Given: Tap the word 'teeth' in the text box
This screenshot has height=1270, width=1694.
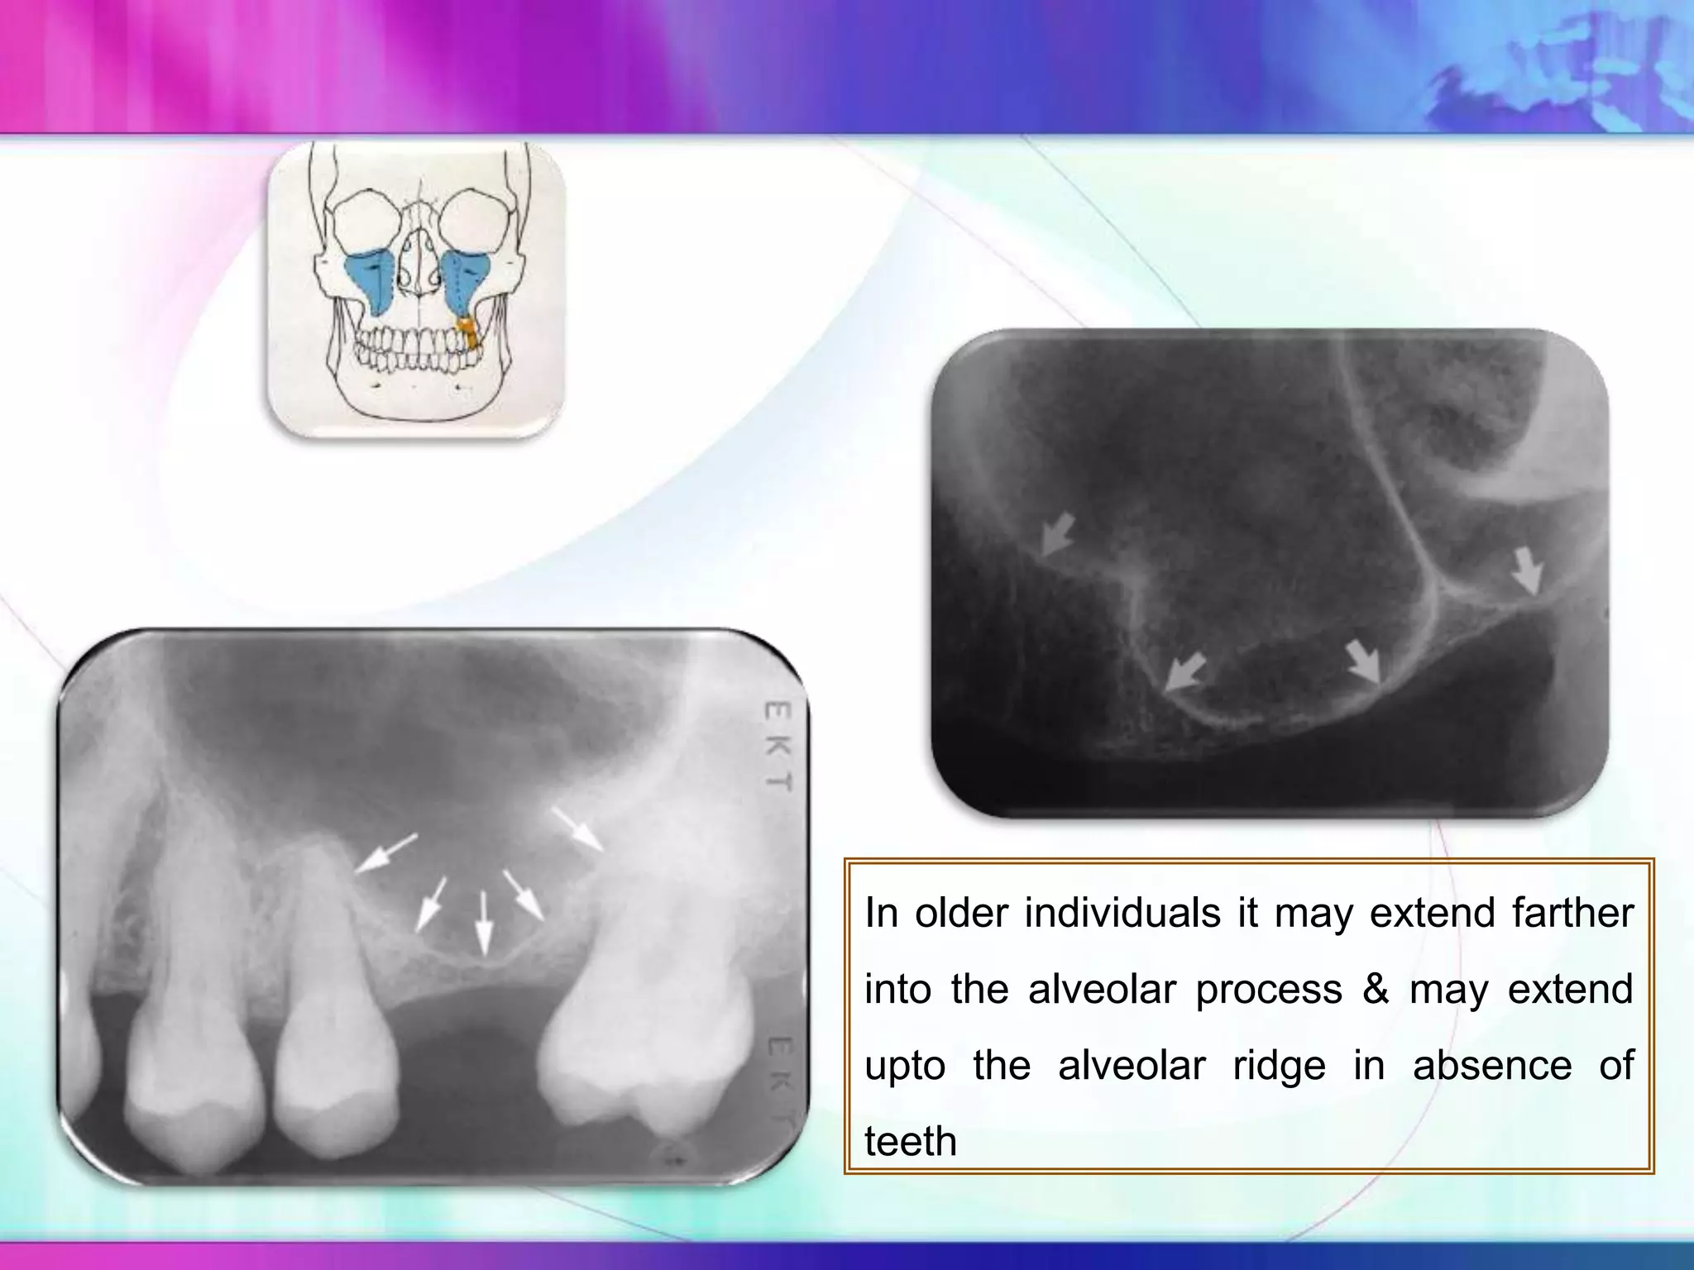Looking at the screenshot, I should tap(910, 1141).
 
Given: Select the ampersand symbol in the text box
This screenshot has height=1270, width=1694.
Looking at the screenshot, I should tap(1376, 989).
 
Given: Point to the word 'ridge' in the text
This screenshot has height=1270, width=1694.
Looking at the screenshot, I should tap(1279, 1065).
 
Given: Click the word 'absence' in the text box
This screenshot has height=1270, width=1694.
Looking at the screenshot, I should tap(1491, 1065).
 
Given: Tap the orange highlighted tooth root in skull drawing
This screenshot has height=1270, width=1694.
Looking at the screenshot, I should tap(469, 331).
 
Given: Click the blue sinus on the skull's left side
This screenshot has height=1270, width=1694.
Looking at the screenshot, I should tap(367, 281).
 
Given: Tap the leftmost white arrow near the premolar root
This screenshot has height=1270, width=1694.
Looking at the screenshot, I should tap(387, 852).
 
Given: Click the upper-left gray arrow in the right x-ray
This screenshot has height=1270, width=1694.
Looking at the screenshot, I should tap(1056, 533).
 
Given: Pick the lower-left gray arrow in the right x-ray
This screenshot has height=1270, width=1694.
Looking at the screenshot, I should tap(1185, 671).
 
